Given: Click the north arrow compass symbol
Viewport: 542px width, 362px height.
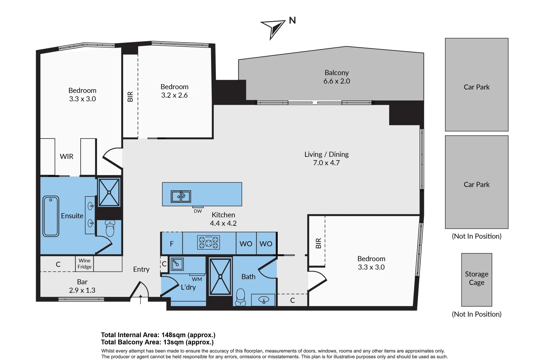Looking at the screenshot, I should pyautogui.click(x=273, y=28).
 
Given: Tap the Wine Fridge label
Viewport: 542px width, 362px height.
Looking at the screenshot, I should pyautogui.click(x=84, y=263).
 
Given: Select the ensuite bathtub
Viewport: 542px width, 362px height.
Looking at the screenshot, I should pyautogui.click(x=51, y=216).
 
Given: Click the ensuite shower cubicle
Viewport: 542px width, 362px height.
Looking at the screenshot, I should pyautogui.click(x=109, y=192).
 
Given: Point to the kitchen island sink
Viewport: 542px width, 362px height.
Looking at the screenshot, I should pyautogui.click(x=181, y=196).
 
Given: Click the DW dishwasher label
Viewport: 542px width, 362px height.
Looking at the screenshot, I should pyautogui.click(x=198, y=211).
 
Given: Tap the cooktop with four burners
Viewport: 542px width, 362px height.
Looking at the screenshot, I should pyautogui.click(x=208, y=242).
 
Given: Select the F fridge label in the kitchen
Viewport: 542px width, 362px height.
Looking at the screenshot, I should pyautogui.click(x=172, y=244).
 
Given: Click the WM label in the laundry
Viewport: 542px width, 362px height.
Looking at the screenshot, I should pyautogui.click(x=197, y=279).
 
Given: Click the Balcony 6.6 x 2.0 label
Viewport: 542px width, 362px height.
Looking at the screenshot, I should pyautogui.click(x=337, y=77).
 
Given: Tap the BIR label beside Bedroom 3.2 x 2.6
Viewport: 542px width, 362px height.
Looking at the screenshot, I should pyautogui.click(x=130, y=97).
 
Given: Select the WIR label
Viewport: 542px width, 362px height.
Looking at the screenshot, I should pyautogui.click(x=67, y=157).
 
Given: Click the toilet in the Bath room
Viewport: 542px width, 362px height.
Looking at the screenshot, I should pyautogui.click(x=241, y=297).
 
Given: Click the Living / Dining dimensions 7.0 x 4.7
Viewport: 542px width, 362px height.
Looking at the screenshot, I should pyautogui.click(x=326, y=163).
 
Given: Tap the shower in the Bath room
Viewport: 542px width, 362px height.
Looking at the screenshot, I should pyautogui.click(x=220, y=277).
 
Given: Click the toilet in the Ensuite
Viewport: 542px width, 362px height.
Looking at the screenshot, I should pyautogui.click(x=110, y=228).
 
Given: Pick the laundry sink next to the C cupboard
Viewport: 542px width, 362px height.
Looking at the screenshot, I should pyautogui.click(x=177, y=264).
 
